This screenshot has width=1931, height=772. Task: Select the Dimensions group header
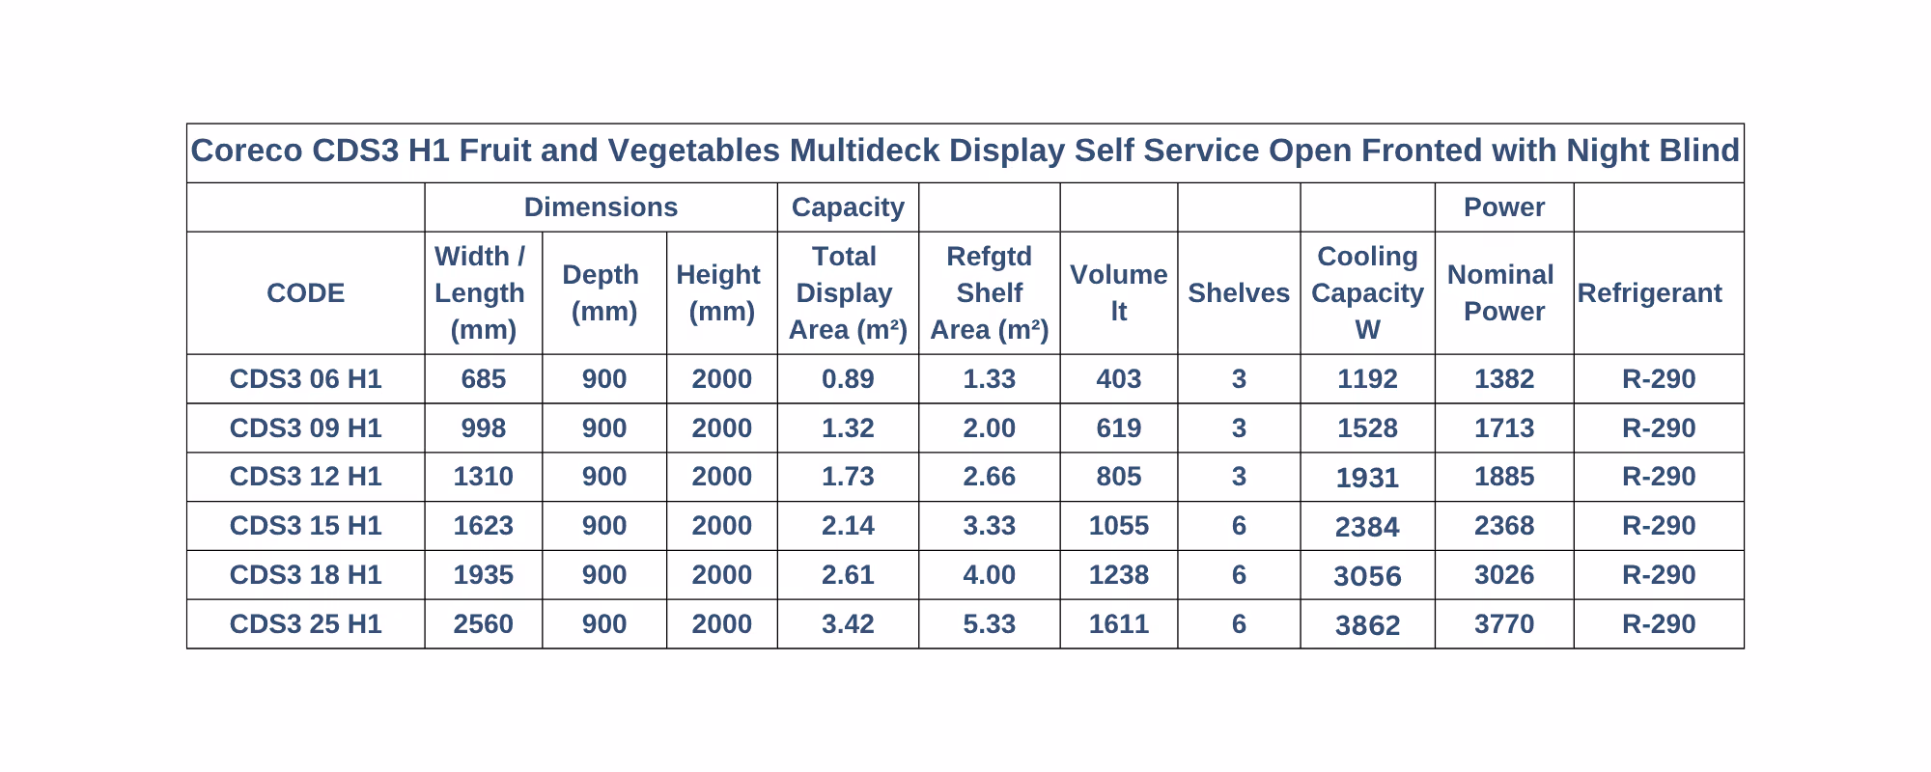click(x=601, y=207)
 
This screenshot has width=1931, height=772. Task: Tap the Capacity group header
click(x=848, y=207)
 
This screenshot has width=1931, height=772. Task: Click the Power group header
click(x=1504, y=207)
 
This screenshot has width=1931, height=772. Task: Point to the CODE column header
click(x=305, y=293)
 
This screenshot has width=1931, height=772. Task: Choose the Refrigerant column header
click(x=1649, y=293)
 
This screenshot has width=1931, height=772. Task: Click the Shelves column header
click(x=1239, y=293)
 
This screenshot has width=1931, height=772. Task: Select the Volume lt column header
click(x=1119, y=293)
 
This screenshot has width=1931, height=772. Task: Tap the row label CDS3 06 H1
click(x=305, y=379)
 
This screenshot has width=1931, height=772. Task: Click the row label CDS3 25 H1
click(x=305, y=624)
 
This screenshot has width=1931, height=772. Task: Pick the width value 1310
click(x=483, y=477)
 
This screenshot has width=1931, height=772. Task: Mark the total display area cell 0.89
click(x=848, y=379)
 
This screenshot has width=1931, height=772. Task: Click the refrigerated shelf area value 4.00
click(x=989, y=575)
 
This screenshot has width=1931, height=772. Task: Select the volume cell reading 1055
click(x=1119, y=526)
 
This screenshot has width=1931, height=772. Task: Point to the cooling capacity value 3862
click(x=1367, y=625)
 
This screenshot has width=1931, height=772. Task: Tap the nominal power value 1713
click(x=1504, y=428)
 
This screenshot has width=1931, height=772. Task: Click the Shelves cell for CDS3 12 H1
click(x=1239, y=477)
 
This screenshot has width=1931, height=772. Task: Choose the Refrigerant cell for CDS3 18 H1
click(x=1659, y=575)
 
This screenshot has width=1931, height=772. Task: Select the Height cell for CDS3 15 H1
click(x=721, y=526)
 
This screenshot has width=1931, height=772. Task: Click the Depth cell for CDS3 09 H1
click(x=604, y=428)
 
